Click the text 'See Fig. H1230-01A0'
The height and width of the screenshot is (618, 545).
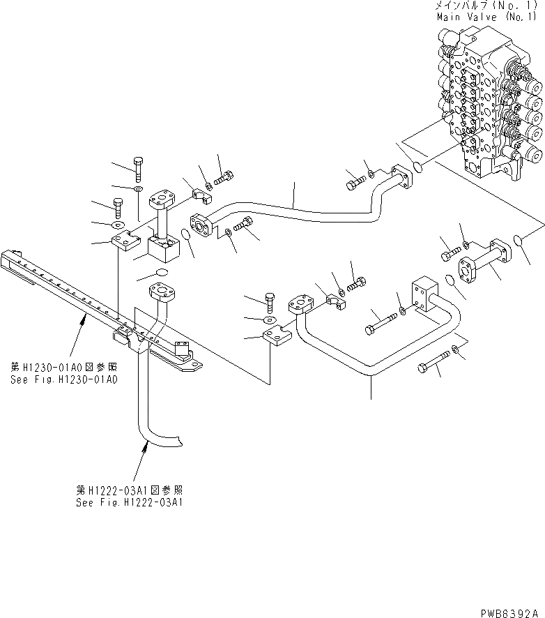(x=63, y=380)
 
